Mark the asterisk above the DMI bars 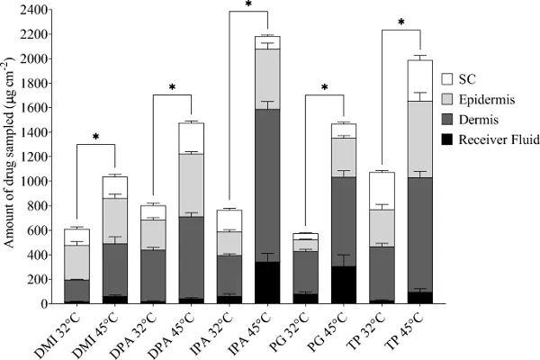[x=95, y=138]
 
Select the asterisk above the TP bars [x=401, y=22]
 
